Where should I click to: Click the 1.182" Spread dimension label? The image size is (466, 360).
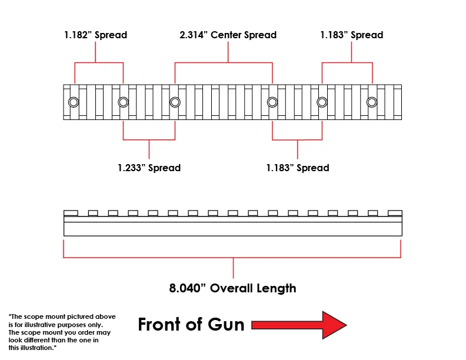pyautogui.click(x=95, y=35)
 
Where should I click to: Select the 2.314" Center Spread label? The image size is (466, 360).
pyautogui.click(x=228, y=35)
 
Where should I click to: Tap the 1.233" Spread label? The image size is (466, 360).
pyautogui.click(x=149, y=168)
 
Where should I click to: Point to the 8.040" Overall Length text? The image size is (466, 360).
pyautogui.click(x=233, y=288)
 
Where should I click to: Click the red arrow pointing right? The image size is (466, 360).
pyautogui.click(x=299, y=325)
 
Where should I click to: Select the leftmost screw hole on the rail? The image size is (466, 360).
pyautogui.click(x=74, y=102)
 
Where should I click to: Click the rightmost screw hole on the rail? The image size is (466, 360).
pyautogui.click(x=372, y=102)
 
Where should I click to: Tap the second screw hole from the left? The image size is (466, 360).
pyautogui.click(x=123, y=102)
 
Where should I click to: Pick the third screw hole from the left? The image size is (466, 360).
pyautogui.click(x=175, y=102)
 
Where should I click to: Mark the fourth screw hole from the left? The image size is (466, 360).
pyautogui.click(x=272, y=102)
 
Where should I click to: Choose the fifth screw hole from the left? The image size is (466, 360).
pyautogui.click(x=322, y=102)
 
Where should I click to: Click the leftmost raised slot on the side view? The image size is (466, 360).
pyautogui.click(x=71, y=213)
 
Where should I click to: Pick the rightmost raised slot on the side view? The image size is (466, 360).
pyautogui.click(x=395, y=213)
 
